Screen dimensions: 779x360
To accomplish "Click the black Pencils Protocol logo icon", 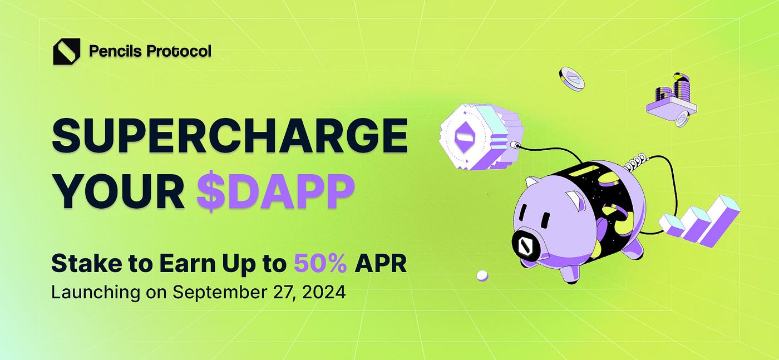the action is click(66, 52).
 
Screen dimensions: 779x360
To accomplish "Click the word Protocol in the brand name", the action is click(179, 51).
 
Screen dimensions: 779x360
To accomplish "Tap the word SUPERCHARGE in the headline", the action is click(230, 136).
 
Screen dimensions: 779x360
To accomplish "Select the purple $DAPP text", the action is click(276, 191).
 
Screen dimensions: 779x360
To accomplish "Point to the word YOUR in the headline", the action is click(119, 191).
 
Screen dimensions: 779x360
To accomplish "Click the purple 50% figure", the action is click(321, 263).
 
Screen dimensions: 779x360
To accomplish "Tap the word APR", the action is click(381, 263).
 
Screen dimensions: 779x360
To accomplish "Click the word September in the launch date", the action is click(219, 293).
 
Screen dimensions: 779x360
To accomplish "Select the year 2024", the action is click(324, 292).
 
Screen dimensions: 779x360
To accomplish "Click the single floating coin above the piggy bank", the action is click(571, 79).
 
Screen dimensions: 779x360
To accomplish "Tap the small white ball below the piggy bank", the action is click(482, 275).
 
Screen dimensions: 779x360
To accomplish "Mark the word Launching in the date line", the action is click(96, 293).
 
